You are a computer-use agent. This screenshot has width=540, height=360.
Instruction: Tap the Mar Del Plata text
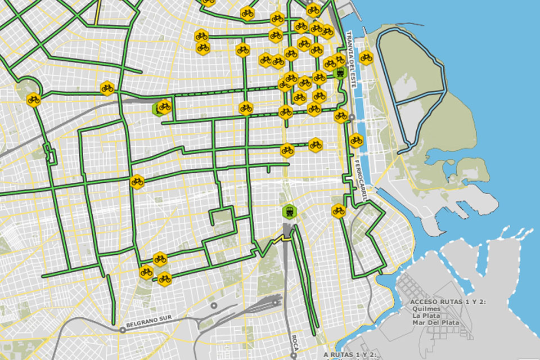tap(435, 323)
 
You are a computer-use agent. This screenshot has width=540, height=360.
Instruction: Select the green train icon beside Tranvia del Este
tap(339, 72)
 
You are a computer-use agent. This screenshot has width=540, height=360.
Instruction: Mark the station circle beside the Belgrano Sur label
tap(122, 330)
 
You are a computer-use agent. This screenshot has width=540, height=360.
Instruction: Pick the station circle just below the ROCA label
tap(294, 355)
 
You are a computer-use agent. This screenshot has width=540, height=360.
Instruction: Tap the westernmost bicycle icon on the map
tap(34, 100)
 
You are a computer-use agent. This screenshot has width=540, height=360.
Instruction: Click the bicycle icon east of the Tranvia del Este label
tap(366, 57)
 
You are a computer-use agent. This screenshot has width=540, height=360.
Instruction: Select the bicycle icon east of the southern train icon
tap(338, 211)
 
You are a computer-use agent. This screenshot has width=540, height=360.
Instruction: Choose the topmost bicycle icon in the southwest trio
tap(160, 259)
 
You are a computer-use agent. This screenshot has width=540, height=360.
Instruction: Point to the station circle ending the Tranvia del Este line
tap(352, 118)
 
